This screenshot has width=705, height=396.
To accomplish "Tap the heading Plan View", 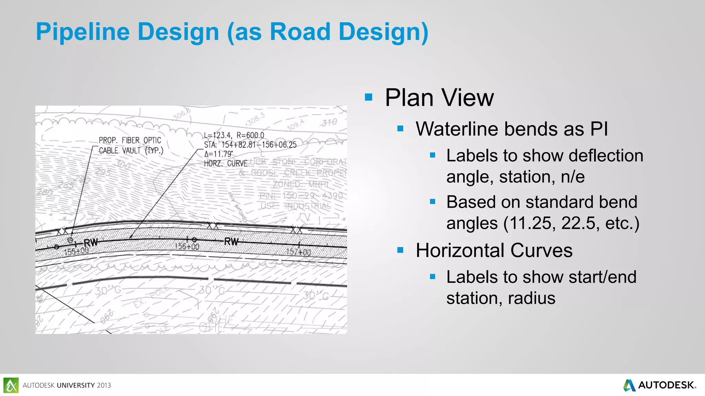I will pyautogui.click(x=439, y=98).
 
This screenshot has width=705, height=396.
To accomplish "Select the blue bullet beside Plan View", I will pyautogui.click(x=368, y=97).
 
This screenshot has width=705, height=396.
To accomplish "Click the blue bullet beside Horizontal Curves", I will pyautogui.click(x=400, y=250).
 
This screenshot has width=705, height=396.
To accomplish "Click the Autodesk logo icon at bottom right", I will pyautogui.click(x=630, y=385).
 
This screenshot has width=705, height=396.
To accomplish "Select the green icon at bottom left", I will pyautogui.click(x=11, y=385).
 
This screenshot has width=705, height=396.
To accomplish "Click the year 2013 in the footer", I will pyautogui.click(x=104, y=385).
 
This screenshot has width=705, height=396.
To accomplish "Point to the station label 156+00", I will pyautogui.click(x=187, y=246).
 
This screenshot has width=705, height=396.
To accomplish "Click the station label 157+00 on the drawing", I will pyautogui.click(x=298, y=252).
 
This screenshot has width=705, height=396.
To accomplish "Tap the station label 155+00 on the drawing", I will pyautogui.click(x=76, y=251).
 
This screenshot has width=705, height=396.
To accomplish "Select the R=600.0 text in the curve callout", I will pyautogui.click(x=250, y=135).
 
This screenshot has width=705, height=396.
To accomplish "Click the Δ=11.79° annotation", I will pyautogui.click(x=218, y=154).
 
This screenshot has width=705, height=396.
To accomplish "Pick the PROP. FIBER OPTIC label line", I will pyautogui.click(x=130, y=140).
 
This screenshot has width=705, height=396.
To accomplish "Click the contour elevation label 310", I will pyautogui.click(x=329, y=122).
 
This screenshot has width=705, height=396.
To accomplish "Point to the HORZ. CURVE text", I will pyautogui.click(x=226, y=163).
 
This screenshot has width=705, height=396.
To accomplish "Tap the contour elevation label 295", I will pyautogui.click(x=103, y=172).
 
